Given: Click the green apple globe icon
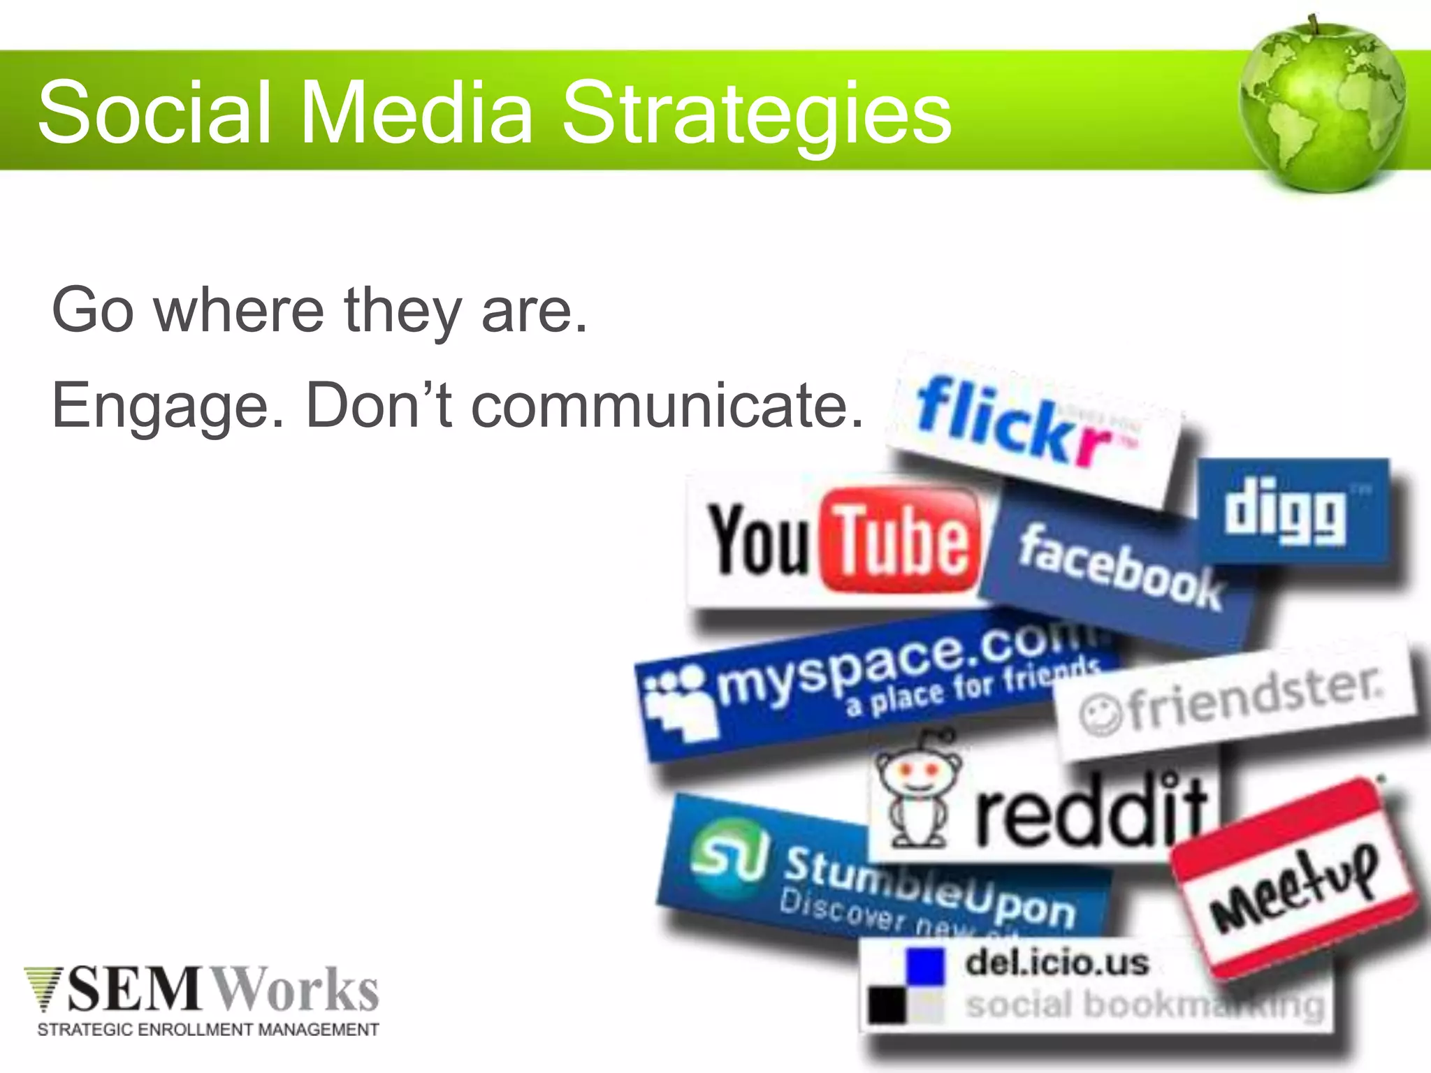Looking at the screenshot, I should click(x=1322, y=105).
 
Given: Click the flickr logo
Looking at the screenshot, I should click(x=1027, y=426).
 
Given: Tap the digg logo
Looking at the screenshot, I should click(x=1293, y=513).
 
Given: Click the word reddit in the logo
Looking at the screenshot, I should click(x=1090, y=814).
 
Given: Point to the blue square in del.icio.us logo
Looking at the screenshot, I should click(x=924, y=966).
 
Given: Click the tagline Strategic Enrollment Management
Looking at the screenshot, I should click(x=208, y=1030).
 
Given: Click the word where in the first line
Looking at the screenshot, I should click(x=239, y=311).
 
